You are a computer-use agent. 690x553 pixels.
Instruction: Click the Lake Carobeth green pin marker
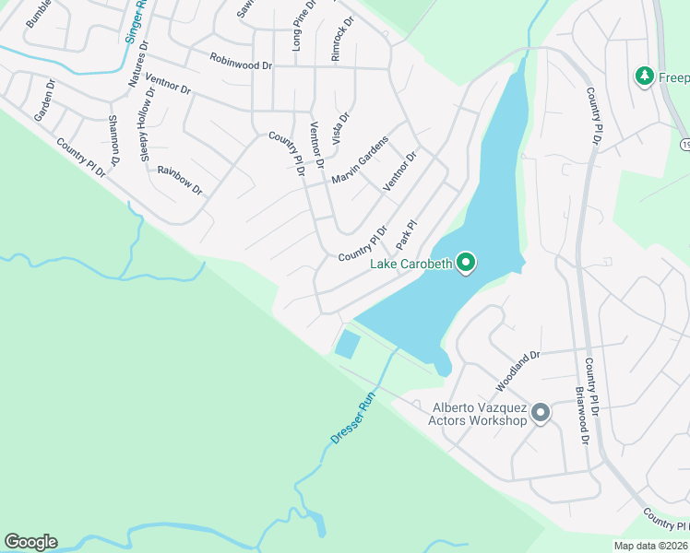point(466,264)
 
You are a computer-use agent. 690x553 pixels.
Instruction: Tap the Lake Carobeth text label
point(411,265)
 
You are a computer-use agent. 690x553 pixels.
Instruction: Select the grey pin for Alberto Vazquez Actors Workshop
point(540,412)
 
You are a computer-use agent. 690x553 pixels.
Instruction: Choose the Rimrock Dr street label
point(340,39)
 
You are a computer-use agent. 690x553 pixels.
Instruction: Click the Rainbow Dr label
point(179,178)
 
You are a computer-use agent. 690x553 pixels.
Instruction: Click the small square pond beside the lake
point(347,345)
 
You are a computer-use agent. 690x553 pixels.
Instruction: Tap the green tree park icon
point(645,76)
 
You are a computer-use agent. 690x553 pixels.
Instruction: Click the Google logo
point(30,542)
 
